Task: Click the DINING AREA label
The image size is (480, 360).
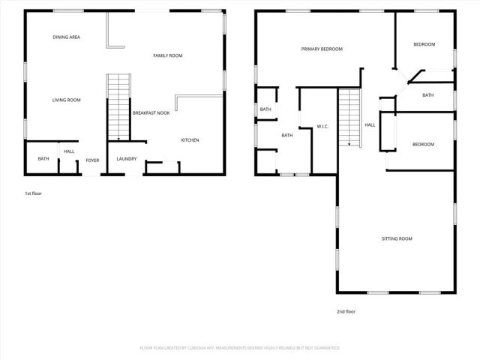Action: click(67, 37)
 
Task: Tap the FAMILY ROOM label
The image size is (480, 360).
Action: click(168, 55)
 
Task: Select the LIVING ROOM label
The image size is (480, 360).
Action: click(66, 100)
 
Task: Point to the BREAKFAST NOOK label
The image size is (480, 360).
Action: click(151, 113)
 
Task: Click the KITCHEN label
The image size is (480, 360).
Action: click(190, 140)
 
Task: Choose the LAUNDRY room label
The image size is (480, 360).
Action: click(126, 159)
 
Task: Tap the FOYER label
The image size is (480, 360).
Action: click(92, 160)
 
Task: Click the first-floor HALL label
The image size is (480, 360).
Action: click(69, 151)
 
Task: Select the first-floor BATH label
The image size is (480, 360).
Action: click(43, 159)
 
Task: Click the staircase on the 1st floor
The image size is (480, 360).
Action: click(118, 107)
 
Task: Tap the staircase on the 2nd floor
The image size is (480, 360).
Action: click(349, 117)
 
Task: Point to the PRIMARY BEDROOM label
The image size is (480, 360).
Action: click(322, 49)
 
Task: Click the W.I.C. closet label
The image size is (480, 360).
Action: click(324, 126)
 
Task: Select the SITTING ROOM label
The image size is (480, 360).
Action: click(397, 238)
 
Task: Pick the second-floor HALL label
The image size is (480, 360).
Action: click(370, 125)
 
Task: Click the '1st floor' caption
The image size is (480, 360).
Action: click(33, 194)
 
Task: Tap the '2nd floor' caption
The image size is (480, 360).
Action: click(346, 310)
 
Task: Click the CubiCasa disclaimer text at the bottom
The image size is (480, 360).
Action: click(240, 348)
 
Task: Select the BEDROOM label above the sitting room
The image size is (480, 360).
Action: click(424, 144)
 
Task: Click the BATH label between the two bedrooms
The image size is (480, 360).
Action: click(427, 95)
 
